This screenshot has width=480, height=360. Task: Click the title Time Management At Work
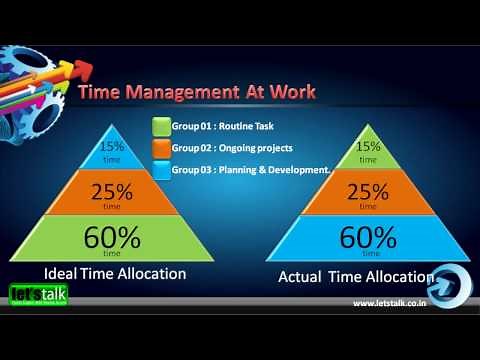[197, 92]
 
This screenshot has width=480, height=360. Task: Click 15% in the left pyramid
[113, 146]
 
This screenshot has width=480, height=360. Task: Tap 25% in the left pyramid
[113, 191]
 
